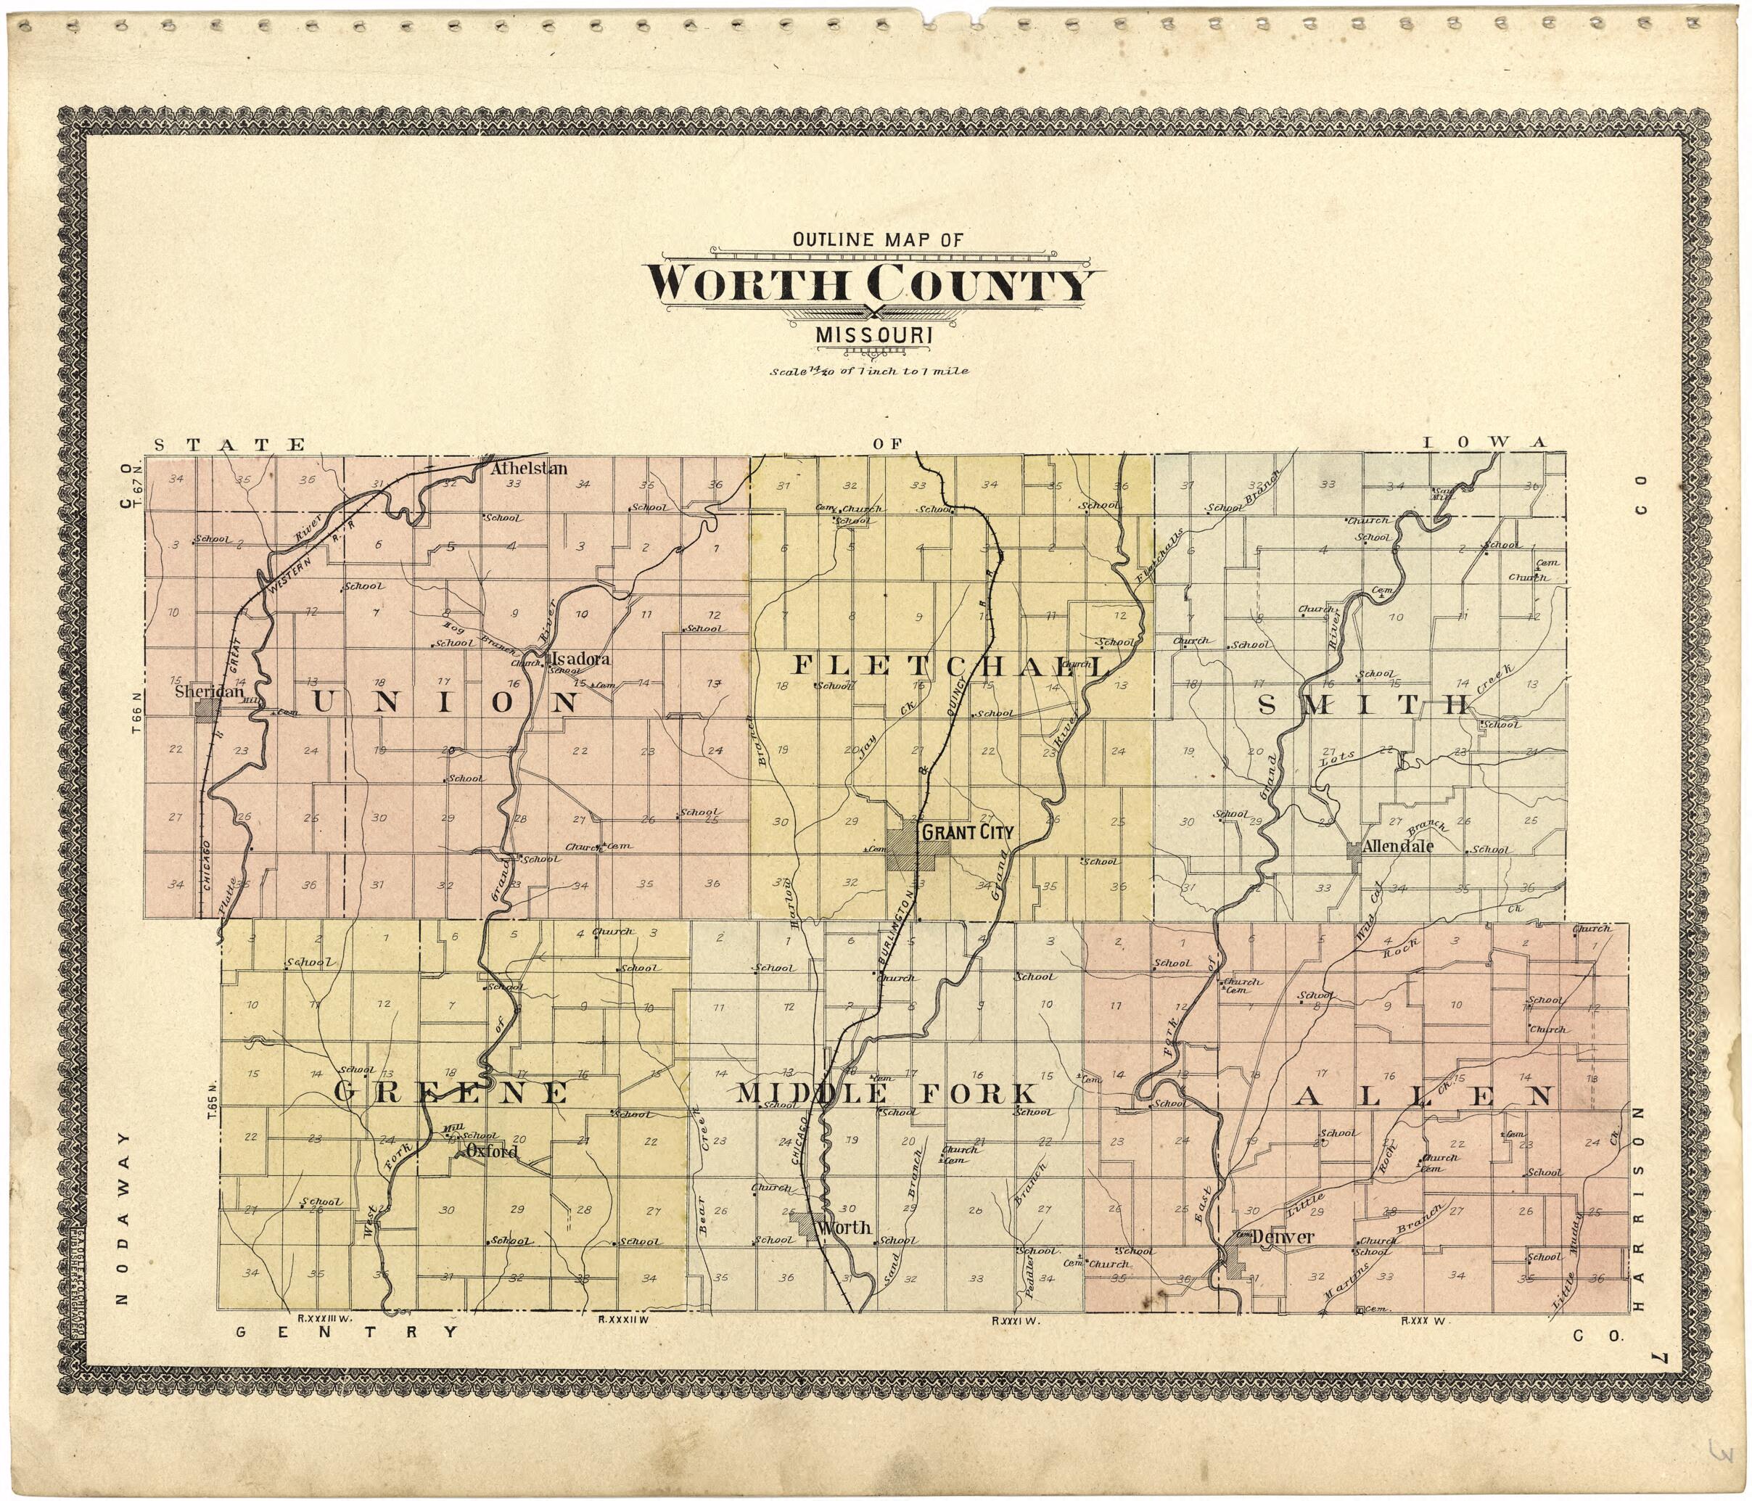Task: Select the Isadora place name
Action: (579, 659)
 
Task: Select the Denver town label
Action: (1283, 1236)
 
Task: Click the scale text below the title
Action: (868, 371)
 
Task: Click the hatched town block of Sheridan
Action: (203, 709)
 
